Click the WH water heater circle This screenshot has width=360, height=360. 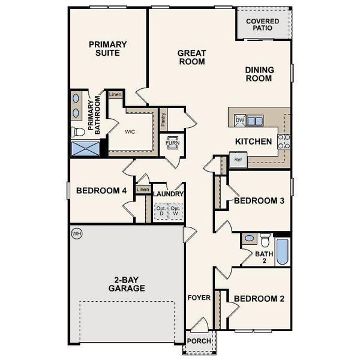[x=76, y=232]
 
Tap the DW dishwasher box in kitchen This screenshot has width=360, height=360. [x=239, y=120]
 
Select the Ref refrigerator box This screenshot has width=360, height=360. [x=238, y=160]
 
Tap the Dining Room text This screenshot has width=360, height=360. [x=259, y=74]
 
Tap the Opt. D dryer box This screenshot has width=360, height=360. [x=161, y=211]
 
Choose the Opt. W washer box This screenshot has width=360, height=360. [x=175, y=211]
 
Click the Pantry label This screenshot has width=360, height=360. [x=163, y=119]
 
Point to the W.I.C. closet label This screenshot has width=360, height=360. [x=129, y=131]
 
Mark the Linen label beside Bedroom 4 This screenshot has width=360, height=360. [x=142, y=190]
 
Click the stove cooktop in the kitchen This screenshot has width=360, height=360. [x=284, y=140]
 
